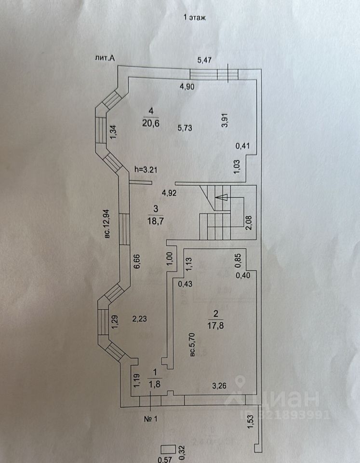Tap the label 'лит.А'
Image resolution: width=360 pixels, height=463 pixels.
pyautogui.click(x=106, y=59)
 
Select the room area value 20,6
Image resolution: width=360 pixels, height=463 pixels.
pyautogui.click(x=150, y=123)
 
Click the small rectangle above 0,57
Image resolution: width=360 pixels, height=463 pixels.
pyautogui.click(x=167, y=449)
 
